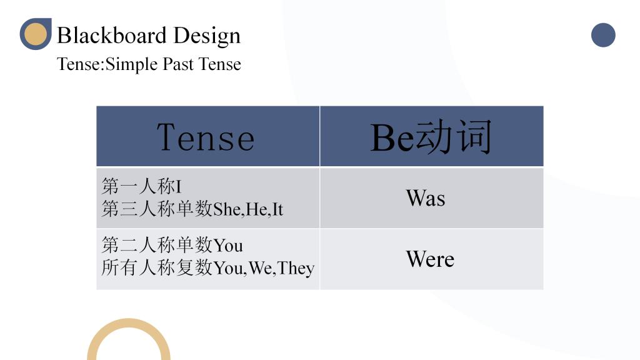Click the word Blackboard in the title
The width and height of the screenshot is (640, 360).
[111, 35]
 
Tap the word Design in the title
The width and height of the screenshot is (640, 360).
[207, 36]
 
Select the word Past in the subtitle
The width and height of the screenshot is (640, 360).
[178, 64]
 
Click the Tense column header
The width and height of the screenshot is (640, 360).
[206, 137]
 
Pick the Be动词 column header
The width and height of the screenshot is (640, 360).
[431, 137]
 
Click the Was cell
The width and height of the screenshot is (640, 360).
[425, 198]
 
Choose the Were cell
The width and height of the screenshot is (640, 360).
[430, 259]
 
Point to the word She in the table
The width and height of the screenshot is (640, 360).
[227, 209]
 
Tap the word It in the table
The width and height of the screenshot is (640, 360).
[277, 209]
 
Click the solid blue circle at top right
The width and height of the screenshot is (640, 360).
[603, 35]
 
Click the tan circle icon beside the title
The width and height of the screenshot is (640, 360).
[36, 34]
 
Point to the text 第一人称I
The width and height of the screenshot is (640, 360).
[141, 186]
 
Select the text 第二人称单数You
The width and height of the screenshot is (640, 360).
[172, 245]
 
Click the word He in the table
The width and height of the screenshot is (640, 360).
[256, 209]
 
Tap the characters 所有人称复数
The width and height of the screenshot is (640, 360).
[157, 268]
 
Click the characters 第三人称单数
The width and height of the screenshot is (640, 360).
[157, 209]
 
